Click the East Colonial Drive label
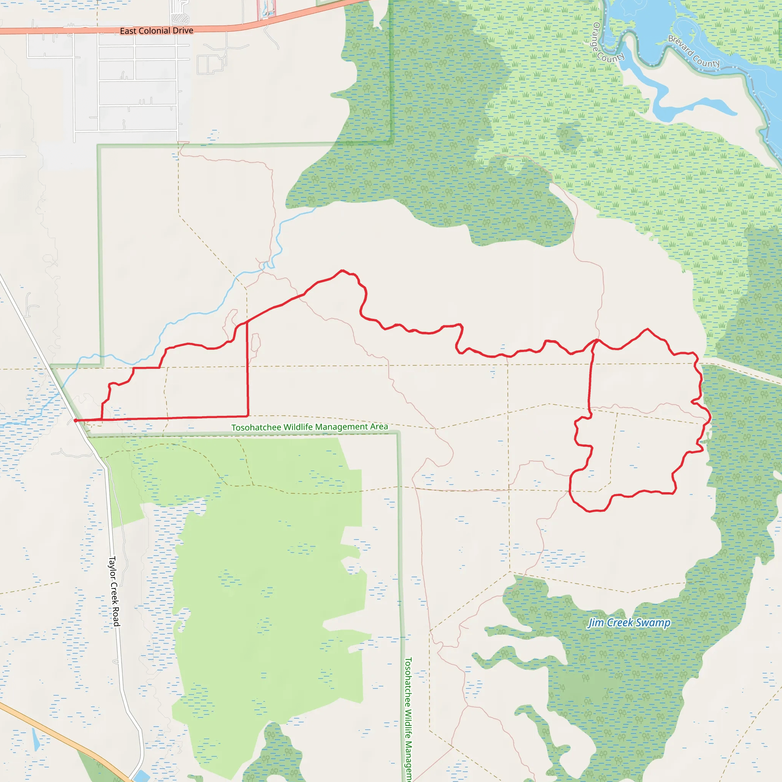(156, 31)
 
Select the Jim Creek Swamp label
(629, 622)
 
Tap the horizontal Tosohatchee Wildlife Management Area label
(309, 427)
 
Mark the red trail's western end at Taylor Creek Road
(76, 420)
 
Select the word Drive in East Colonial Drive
(183, 31)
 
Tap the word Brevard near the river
(680, 45)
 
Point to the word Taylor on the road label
(112, 567)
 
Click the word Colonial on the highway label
(154, 31)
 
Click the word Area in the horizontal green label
(379, 426)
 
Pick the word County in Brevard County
(706, 60)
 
